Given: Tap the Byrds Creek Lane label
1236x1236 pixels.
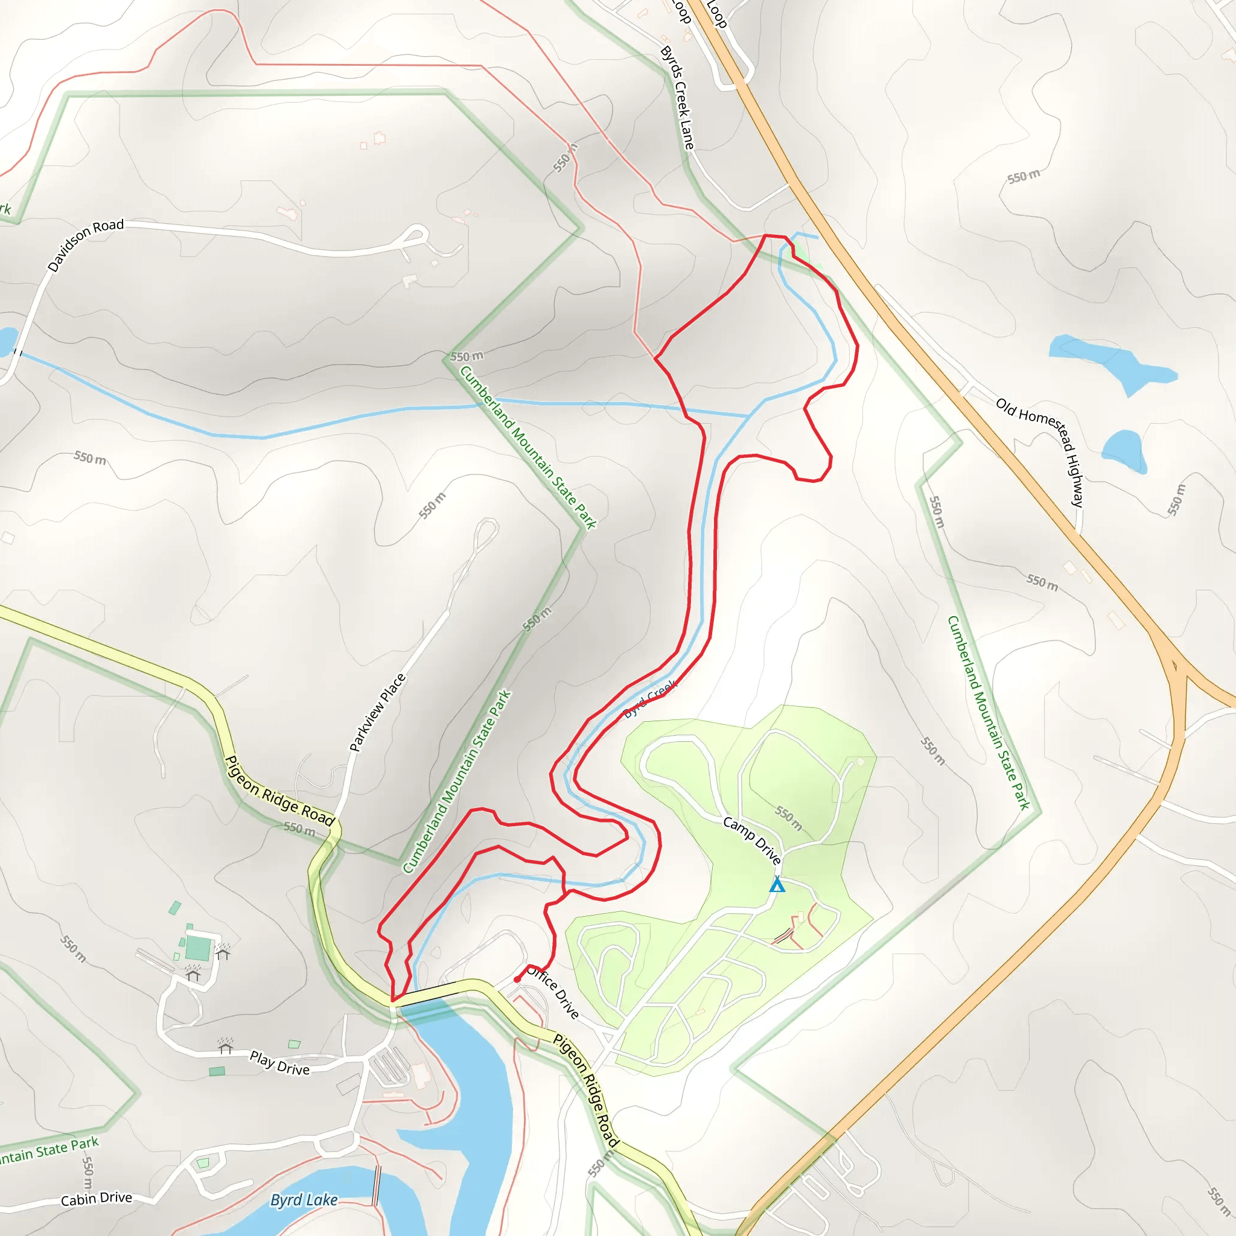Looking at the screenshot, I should pos(677,97).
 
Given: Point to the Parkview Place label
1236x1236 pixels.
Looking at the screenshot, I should pos(377,712).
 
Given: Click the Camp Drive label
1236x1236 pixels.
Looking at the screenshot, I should pos(752,840).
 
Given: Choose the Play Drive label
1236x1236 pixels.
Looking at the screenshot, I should pos(279,1063).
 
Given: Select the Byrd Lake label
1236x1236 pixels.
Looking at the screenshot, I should pos(304,1200).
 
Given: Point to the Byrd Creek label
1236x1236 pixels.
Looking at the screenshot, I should pos(650,699).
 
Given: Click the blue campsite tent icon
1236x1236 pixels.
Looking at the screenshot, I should pos(777,885).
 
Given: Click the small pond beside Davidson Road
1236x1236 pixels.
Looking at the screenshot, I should pos(7,342).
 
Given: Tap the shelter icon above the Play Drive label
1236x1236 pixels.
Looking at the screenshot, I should pos(225,1046).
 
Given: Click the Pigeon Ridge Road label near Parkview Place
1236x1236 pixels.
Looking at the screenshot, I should pos(279,791).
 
